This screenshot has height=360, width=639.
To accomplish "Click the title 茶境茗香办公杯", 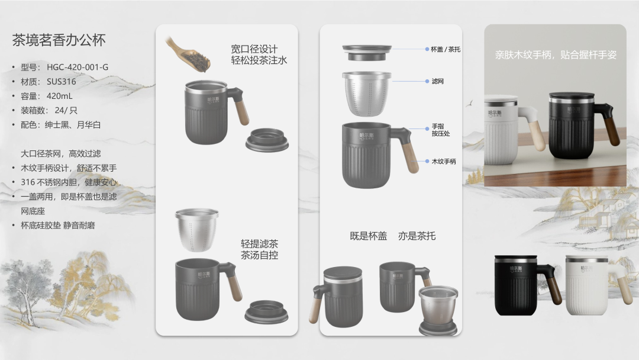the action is tap(59, 40).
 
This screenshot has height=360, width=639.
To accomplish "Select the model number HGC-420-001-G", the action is tap(78, 67).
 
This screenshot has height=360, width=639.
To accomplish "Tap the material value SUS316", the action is tap(61, 82).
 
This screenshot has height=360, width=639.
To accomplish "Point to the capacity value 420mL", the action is tap(60, 97).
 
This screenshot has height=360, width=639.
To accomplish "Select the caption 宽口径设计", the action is tap(254, 49).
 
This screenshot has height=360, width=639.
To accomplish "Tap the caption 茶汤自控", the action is tap(260, 255).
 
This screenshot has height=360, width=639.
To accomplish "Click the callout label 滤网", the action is tap(438, 82).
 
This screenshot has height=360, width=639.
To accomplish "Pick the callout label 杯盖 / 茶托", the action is tap(446, 49).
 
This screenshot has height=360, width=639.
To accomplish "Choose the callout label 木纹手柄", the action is tap(444, 162).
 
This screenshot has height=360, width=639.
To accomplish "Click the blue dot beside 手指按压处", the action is tap(427, 129).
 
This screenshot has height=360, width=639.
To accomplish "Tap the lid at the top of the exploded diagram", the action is tap(367, 53).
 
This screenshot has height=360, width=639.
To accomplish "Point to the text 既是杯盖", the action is tap(369, 236).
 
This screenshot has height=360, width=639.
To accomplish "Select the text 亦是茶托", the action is tap(417, 236).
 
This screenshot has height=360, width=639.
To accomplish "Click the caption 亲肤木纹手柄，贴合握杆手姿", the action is tap(556, 55).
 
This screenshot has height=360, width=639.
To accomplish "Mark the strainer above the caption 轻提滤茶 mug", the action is tap(197, 230).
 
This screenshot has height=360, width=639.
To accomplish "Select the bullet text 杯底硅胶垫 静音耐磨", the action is tap(58, 226).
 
